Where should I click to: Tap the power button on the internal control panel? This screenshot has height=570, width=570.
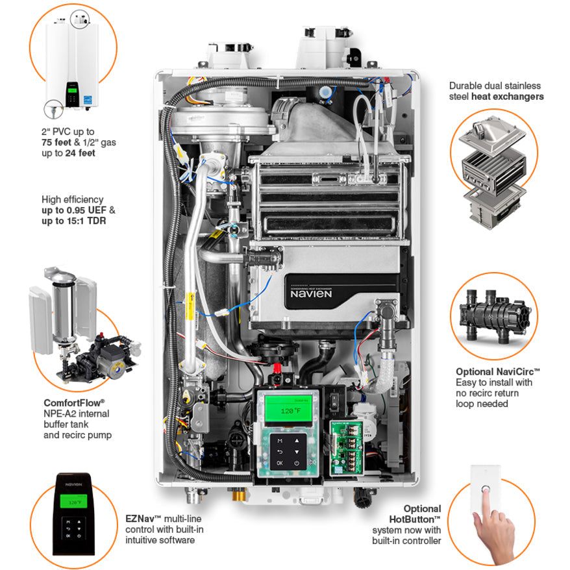[x=296, y=463]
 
